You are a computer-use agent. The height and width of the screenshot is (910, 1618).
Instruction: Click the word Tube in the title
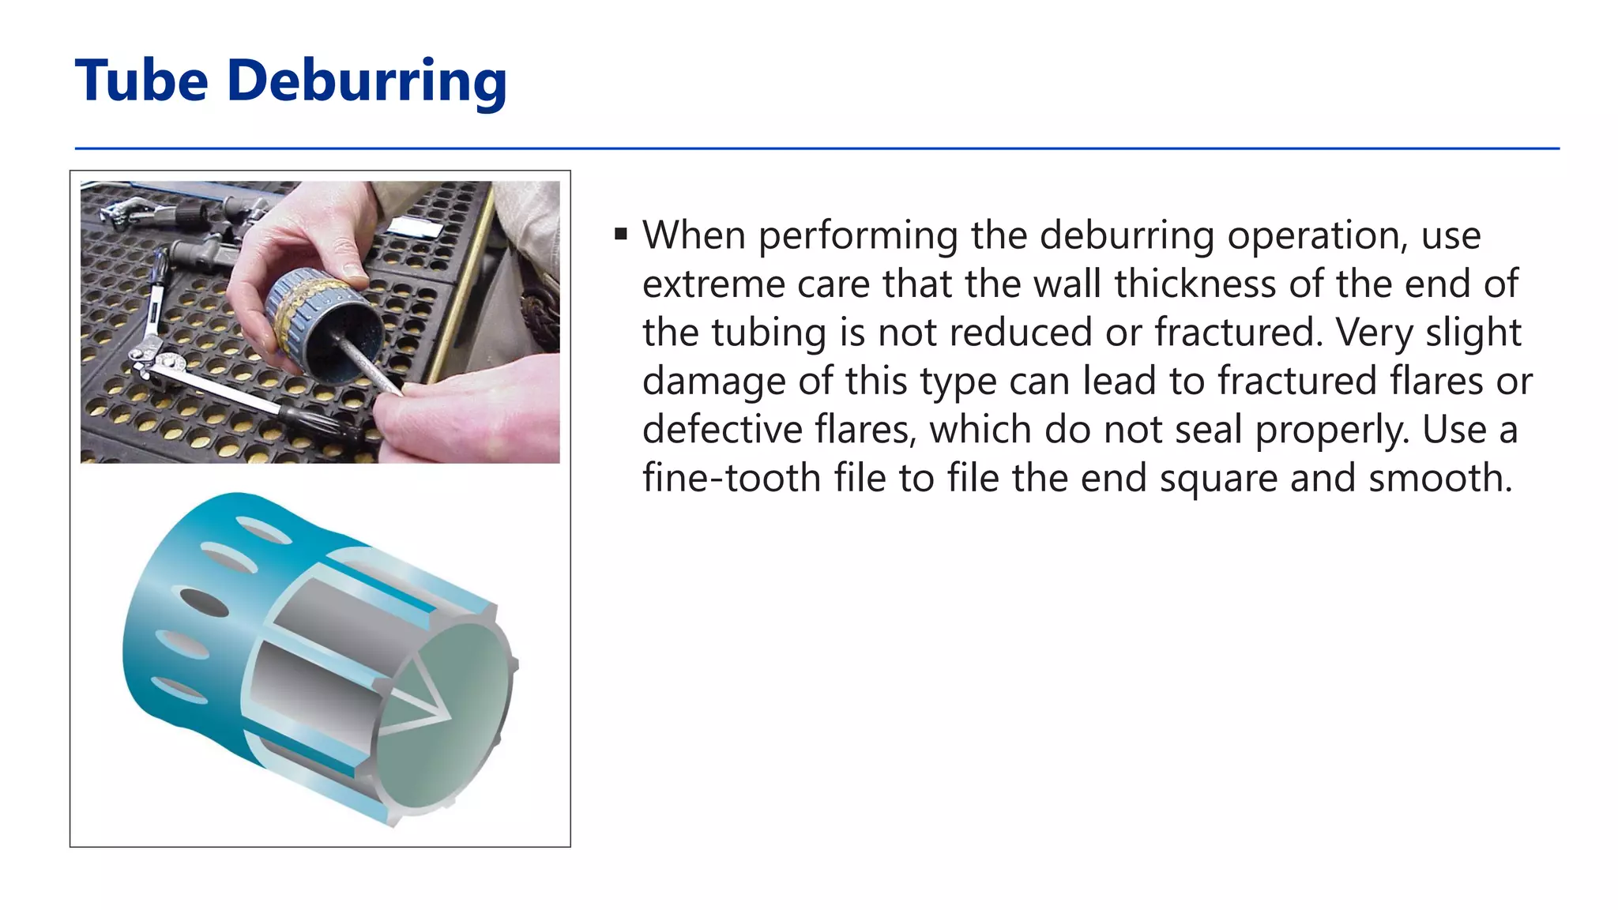tap(141, 81)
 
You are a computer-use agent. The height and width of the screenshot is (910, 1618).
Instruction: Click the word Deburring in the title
tap(367, 82)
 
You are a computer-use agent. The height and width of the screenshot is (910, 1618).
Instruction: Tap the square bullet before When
tap(621, 234)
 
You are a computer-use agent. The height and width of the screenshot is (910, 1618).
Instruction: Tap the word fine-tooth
tap(732, 479)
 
